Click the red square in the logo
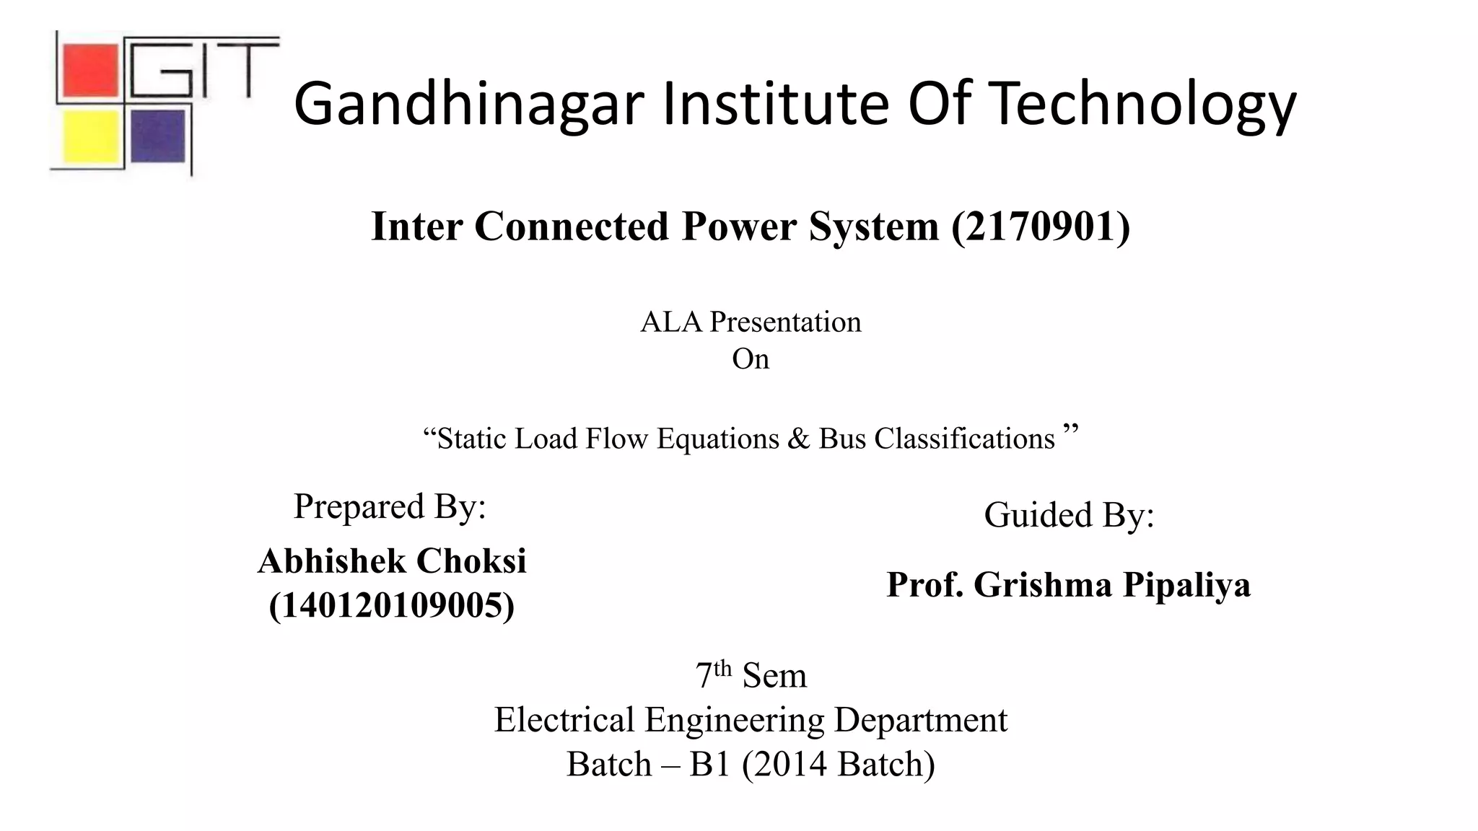click(x=89, y=70)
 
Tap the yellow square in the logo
click(x=89, y=136)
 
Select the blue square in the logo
click(x=158, y=136)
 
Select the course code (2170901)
click(x=1041, y=227)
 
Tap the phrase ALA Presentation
click(x=751, y=322)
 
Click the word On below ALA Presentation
click(x=751, y=359)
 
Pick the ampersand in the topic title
click(x=799, y=439)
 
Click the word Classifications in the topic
click(x=964, y=439)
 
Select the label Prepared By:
click(x=390, y=506)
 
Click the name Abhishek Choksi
click(x=392, y=561)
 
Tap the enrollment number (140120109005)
click(x=392, y=604)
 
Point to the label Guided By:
click(x=1069, y=515)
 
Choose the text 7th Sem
click(x=751, y=675)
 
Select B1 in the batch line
click(x=710, y=765)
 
